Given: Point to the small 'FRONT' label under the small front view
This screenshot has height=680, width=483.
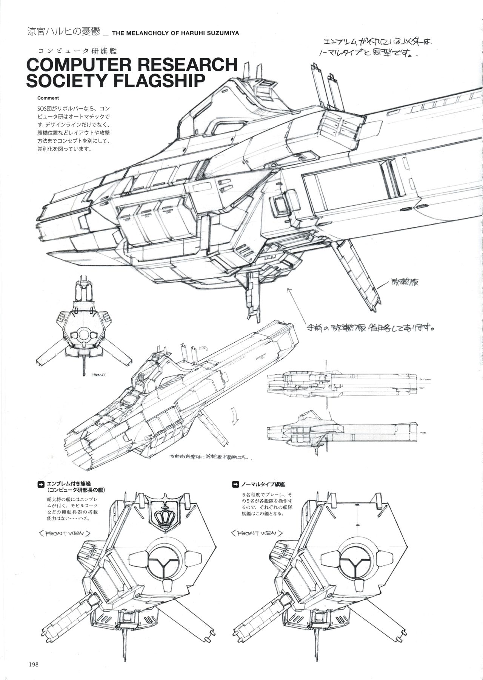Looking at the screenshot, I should click(99, 375).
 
